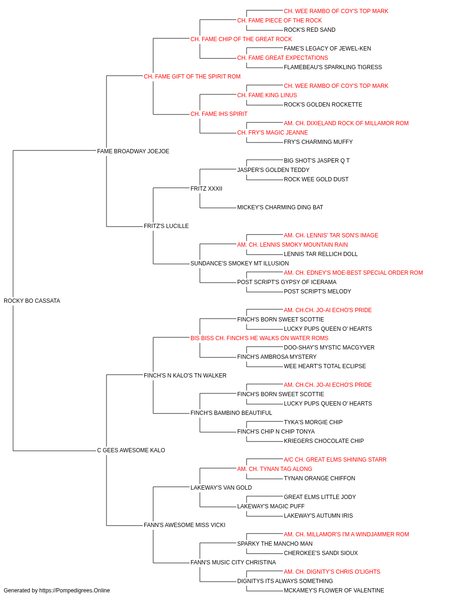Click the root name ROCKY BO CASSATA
(32, 301)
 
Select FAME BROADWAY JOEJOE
(133, 151)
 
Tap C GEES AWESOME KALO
(131, 450)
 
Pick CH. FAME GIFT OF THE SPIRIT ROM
(192, 77)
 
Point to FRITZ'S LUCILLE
(166, 226)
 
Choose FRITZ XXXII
(206, 189)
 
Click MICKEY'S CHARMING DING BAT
(280, 207)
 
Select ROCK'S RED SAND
(310, 30)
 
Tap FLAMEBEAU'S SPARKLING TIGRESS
(333, 67)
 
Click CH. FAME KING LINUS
(267, 95)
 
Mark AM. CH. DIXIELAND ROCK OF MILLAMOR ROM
(346, 123)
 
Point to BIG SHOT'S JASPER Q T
(317, 161)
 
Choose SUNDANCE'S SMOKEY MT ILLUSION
(240, 263)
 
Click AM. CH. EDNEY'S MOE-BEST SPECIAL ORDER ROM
(353, 273)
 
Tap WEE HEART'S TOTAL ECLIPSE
(325, 366)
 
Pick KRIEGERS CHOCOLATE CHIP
(324, 441)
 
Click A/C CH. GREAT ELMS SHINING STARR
(335, 460)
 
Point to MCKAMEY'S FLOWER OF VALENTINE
(334, 591)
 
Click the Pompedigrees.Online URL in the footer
(74, 591)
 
